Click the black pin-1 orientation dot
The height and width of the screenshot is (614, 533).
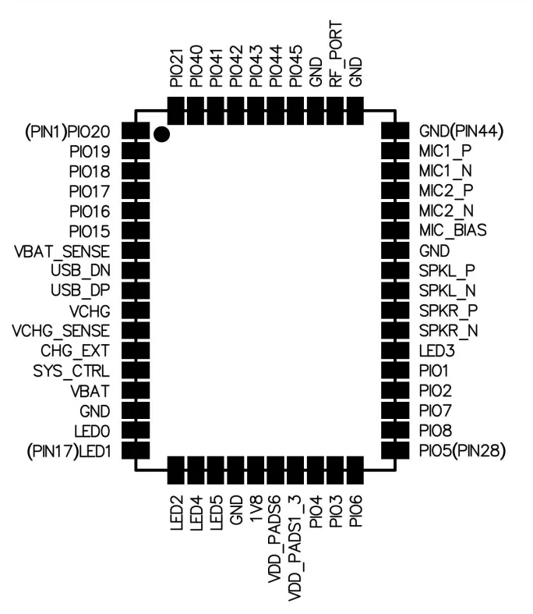pos(161,135)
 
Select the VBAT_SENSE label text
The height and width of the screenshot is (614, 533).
pos(62,252)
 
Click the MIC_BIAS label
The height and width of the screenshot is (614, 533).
pos(453,232)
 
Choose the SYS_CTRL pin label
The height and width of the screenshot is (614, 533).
pos(70,371)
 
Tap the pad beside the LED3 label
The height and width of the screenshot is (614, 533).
pos(395,350)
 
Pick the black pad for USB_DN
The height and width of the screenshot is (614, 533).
pos(136,271)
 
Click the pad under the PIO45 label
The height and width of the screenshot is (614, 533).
pos(296,110)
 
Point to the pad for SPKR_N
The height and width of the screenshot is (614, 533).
pos(395,331)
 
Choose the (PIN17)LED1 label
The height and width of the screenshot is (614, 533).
pos(67,450)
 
